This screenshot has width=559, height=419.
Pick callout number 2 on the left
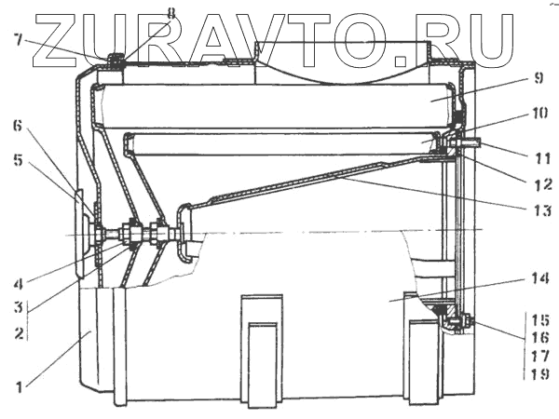click(15, 331)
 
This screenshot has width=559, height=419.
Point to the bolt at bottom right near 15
click(459, 323)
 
